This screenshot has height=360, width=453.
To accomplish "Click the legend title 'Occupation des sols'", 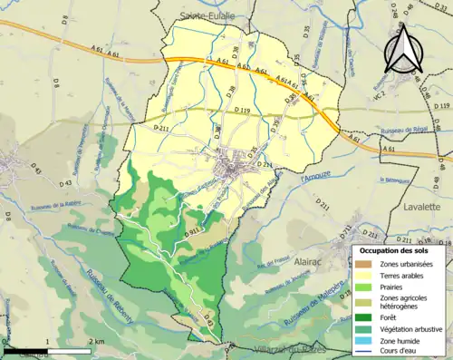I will [399, 249].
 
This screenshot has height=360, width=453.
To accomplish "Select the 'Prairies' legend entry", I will [398, 287].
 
